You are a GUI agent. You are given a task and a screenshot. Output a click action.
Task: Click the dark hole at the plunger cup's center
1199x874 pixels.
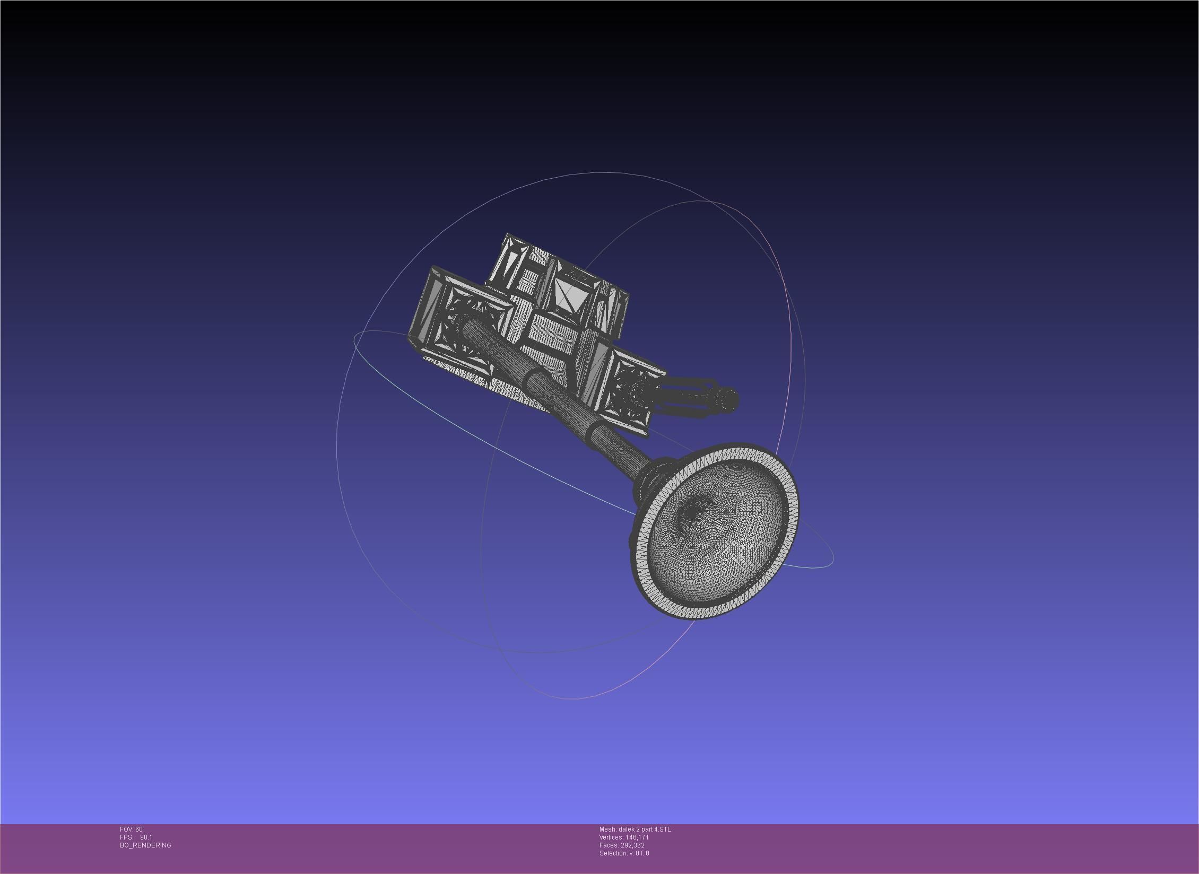[x=693, y=513]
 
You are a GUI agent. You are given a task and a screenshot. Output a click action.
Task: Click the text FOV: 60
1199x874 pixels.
[x=131, y=829]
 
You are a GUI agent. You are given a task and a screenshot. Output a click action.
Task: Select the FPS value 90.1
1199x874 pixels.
[x=146, y=837]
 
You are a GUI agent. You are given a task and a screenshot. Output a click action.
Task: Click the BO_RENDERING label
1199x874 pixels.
[x=145, y=845]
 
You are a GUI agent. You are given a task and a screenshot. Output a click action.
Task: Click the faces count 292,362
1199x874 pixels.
[x=633, y=845]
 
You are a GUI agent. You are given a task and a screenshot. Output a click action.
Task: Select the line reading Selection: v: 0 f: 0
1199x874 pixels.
[x=624, y=853]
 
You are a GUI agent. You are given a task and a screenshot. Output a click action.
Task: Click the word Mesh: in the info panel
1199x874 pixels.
[x=608, y=829]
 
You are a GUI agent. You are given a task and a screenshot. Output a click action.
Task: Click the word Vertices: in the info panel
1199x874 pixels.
[x=611, y=837]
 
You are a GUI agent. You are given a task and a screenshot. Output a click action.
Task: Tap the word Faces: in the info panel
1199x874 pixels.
[x=609, y=845]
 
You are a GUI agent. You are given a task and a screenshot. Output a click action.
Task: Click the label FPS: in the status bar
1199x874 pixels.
[x=126, y=837]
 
